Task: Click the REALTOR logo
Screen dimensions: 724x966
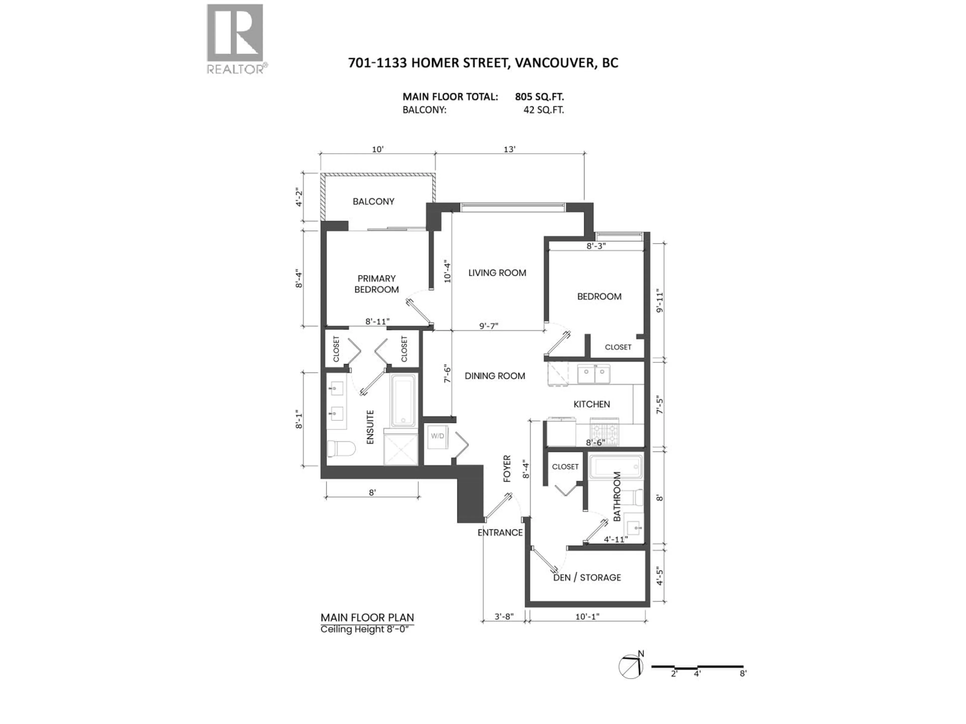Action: [235, 38]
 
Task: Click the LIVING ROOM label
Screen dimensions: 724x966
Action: [497, 273]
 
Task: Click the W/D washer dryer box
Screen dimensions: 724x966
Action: [437, 436]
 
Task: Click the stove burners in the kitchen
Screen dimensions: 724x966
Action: [605, 432]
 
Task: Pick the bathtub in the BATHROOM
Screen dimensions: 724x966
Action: [616, 467]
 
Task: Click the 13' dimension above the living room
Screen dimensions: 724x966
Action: [509, 149]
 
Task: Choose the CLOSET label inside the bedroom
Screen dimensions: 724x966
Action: [618, 347]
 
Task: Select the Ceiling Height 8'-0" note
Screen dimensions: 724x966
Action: [366, 629]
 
